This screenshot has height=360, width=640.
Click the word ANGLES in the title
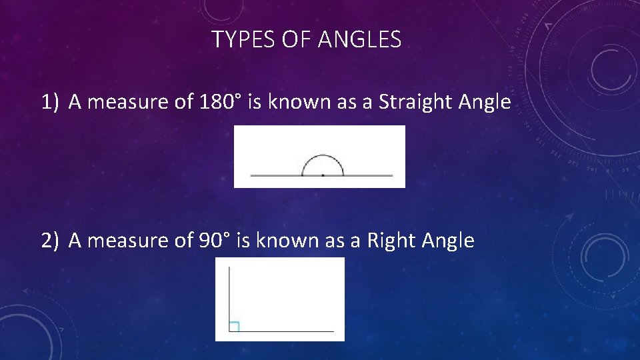coord(360,40)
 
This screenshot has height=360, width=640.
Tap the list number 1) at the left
coord(51,102)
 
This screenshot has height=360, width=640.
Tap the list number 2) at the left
coord(51,240)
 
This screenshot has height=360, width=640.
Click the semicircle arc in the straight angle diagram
coord(323,156)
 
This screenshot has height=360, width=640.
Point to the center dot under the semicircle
coord(323,175)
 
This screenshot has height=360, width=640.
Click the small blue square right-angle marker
coord(234,326)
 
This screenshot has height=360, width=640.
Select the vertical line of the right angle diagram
coord(229,293)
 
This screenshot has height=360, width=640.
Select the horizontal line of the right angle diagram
coord(287,331)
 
